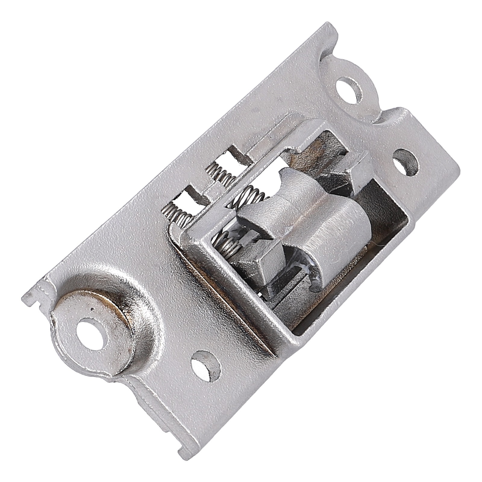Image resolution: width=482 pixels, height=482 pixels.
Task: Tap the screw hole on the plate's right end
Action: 406,164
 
